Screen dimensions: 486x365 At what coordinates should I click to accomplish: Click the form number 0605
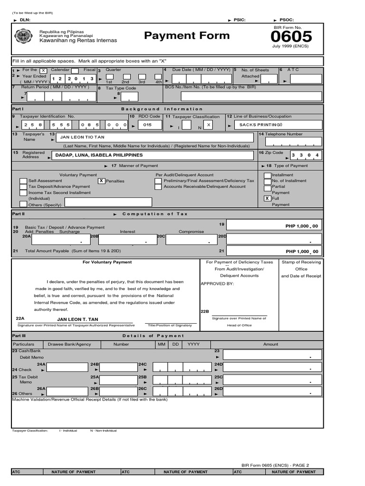pyautogui.click(x=292, y=37)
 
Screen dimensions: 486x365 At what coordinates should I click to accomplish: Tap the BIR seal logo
pyautogui.click(x=24, y=37)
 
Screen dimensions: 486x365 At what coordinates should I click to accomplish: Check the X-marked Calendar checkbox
pyautogui.click(x=43, y=71)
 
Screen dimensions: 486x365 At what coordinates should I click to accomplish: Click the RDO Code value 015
pyautogui.click(x=147, y=125)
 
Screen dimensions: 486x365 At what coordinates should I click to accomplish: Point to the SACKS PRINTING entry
pyautogui.click(x=261, y=125)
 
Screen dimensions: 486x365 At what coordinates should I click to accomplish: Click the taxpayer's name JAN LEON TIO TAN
pyautogui.click(x=82, y=137)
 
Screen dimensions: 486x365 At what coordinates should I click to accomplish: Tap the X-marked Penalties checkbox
pyautogui.click(x=101, y=181)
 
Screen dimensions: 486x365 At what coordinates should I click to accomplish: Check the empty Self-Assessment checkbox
pyautogui.click(x=23, y=181)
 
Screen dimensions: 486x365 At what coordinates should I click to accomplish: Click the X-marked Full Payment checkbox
pyautogui.click(x=267, y=198)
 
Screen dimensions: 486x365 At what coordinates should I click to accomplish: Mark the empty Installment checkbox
pyautogui.click(x=267, y=175)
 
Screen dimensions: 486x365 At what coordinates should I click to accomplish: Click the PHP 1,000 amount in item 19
pyautogui.click(x=302, y=226)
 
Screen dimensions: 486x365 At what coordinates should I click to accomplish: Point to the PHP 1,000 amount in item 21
pyautogui.click(x=302, y=252)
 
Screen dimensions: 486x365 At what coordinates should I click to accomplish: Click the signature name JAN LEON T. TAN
pyautogui.click(x=77, y=319)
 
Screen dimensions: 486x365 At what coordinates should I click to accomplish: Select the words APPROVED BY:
pyautogui.click(x=217, y=283)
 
